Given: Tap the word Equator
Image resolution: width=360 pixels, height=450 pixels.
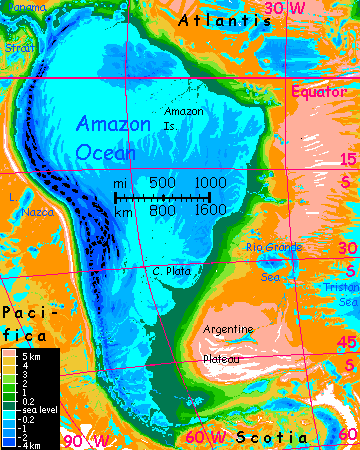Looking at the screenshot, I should [x=318, y=92].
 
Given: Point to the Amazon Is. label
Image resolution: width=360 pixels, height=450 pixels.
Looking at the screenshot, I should [x=183, y=118].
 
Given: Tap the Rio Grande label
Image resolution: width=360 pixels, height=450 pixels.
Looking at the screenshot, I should [x=273, y=247].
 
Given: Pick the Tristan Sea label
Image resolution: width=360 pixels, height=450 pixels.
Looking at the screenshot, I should [x=341, y=294].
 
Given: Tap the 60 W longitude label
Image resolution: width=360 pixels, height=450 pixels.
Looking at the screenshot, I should [x=204, y=437].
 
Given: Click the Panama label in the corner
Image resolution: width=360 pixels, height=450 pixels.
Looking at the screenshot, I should [x=20, y=9].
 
